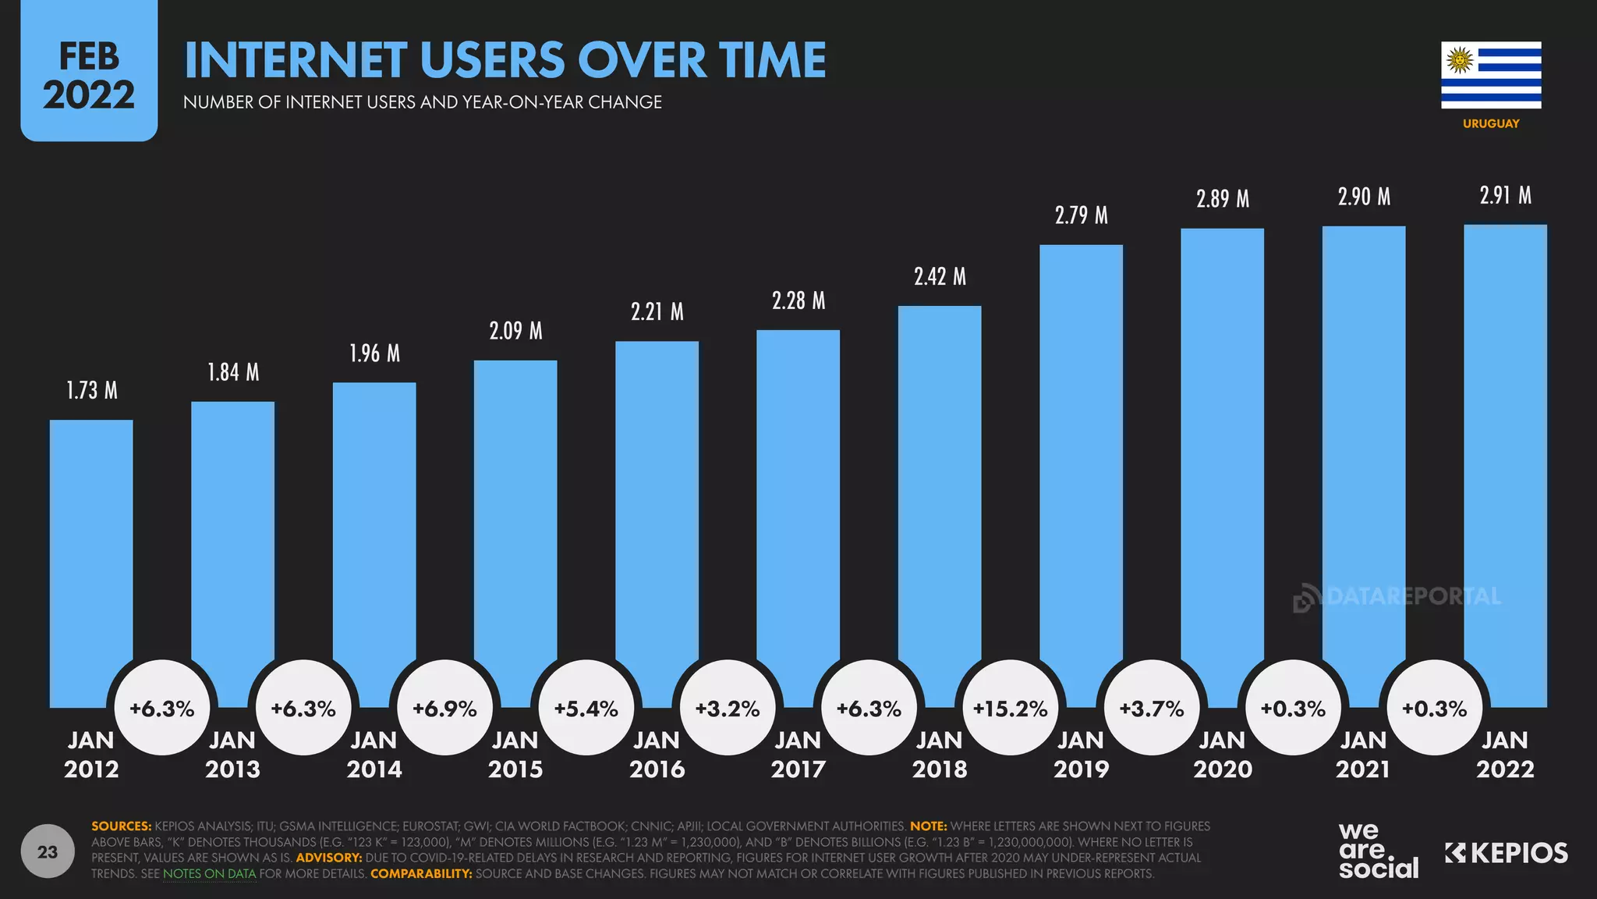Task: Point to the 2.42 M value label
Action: point(940,276)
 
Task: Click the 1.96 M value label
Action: point(374,354)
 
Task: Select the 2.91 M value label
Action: point(1505,195)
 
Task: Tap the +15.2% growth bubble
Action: point(1011,708)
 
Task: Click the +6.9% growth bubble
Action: point(444,708)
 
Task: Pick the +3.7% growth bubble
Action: point(1152,708)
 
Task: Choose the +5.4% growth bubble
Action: point(586,708)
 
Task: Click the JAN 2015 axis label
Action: point(515,755)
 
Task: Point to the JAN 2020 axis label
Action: point(1222,755)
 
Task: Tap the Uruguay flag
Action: point(1491,75)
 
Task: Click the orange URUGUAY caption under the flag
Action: point(1491,123)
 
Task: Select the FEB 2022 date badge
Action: point(89,76)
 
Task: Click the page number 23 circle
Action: point(48,851)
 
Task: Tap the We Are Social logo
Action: point(1378,851)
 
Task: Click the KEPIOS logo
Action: point(1506,853)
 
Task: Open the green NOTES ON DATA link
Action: point(209,873)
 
